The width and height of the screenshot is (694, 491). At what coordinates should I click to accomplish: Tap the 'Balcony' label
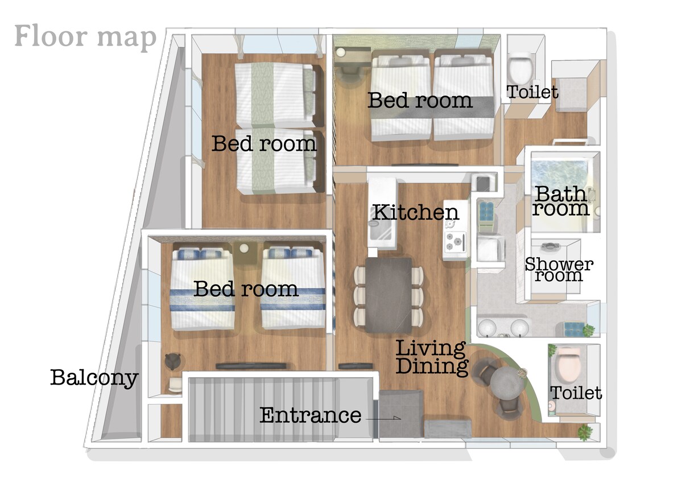94,378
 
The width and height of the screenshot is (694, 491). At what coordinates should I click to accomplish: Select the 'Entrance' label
311,415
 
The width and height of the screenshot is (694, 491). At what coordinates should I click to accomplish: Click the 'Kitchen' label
415,213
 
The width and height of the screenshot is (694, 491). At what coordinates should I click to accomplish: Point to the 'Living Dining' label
432,358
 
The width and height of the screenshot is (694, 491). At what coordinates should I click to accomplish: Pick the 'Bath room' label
561,201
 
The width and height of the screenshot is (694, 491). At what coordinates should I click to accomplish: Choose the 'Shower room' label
559,270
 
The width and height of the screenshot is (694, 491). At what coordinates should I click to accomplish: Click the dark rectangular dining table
389,295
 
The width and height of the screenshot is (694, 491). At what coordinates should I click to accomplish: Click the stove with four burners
456,242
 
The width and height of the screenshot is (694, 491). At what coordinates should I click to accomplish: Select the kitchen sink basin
382,232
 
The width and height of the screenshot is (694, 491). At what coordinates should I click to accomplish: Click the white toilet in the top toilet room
522,67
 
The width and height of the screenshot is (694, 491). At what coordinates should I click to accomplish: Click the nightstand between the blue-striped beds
245,253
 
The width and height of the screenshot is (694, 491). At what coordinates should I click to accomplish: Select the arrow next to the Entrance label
383,418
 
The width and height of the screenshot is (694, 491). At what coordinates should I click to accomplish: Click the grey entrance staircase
262,410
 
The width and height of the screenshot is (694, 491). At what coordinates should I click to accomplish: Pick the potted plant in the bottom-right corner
585,432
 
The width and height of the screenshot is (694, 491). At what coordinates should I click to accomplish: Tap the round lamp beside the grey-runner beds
341,52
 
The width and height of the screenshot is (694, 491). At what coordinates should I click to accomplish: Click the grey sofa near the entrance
448,429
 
